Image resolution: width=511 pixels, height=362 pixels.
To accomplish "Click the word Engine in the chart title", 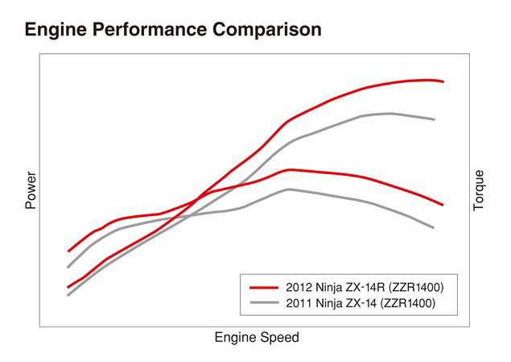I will [x=53, y=30].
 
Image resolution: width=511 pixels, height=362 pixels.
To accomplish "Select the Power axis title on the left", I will [x=31, y=190].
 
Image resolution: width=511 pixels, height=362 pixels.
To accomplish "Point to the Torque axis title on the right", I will [x=479, y=190].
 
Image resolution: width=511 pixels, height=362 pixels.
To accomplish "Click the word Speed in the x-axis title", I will [x=278, y=338].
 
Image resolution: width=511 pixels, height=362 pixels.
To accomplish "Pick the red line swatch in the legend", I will [x=265, y=287].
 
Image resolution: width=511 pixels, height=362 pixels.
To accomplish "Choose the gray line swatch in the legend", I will [x=265, y=303].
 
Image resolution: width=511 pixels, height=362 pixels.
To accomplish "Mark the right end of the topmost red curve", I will [x=443, y=81].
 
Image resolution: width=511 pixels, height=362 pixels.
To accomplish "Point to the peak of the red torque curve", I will [x=290, y=169].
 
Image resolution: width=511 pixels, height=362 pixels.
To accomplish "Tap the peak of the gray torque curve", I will [x=288, y=189].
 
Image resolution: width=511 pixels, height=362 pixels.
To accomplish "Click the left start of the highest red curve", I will [x=68, y=252].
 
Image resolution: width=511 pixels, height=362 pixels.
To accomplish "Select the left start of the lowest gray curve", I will [x=68, y=295].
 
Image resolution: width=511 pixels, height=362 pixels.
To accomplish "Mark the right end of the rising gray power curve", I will [x=435, y=119].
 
